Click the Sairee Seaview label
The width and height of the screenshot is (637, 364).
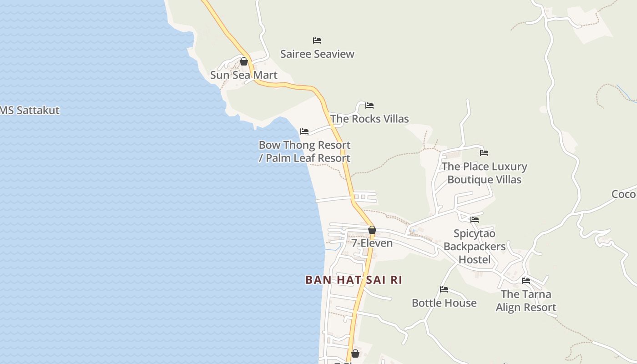point(317,54)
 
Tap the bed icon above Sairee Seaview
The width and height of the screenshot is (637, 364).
point(317,40)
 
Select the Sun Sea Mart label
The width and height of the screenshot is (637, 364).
point(243,75)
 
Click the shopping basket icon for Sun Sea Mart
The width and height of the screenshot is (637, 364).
point(244,61)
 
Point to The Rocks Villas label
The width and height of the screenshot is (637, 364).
point(369,119)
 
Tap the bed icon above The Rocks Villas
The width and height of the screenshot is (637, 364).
point(369,106)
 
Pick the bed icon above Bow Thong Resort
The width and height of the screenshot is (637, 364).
point(304,131)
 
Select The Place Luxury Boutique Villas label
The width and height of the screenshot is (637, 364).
point(484,173)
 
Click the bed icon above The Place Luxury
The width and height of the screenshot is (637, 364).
point(484,153)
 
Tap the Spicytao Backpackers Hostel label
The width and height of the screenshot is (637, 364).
point(475,247)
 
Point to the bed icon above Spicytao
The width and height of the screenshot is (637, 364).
point(475,220)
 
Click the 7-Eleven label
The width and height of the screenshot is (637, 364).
point(372,243)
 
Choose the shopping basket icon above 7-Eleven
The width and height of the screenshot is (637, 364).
point(372,230)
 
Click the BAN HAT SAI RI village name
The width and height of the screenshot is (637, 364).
point(354,280)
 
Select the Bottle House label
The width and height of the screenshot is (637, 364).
point(444,303)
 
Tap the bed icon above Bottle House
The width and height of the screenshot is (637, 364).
point(444,289)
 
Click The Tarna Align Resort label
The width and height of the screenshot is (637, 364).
point(526,301)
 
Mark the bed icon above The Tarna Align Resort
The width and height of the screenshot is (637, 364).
point(526,281)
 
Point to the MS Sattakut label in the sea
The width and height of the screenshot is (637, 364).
point(30,111)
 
